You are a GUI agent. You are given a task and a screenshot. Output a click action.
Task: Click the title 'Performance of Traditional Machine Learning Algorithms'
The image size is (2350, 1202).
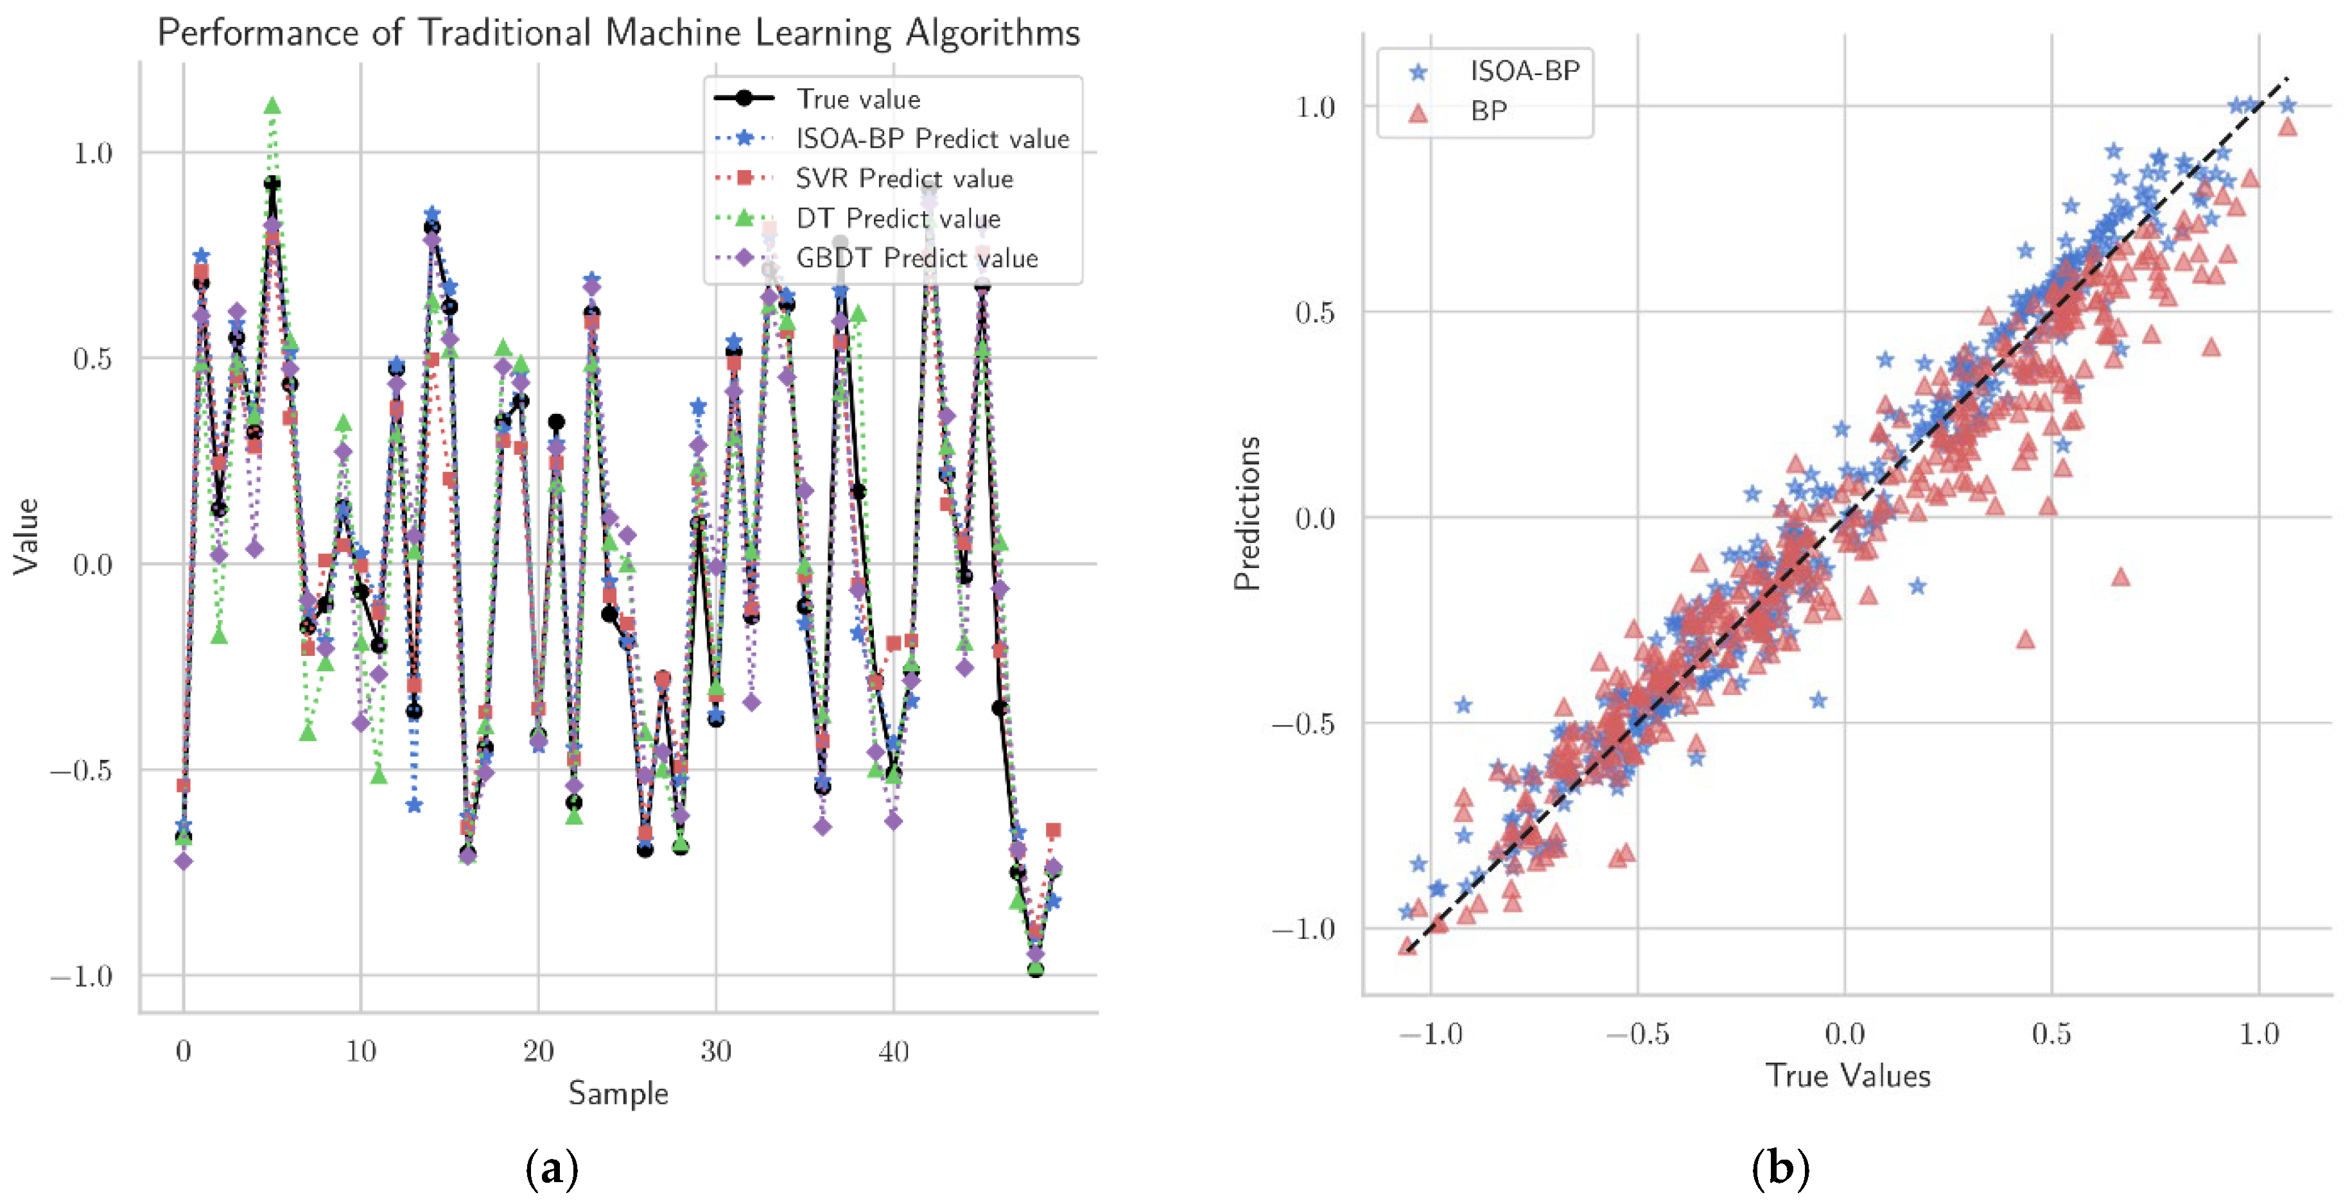(618, 33)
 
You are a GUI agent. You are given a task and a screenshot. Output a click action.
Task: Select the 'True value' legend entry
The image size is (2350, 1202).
(858, 98)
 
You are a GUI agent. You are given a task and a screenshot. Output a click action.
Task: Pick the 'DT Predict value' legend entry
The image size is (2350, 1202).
(898, 218)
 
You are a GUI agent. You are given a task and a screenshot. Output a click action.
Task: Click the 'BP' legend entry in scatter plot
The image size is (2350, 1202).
(1488, 111)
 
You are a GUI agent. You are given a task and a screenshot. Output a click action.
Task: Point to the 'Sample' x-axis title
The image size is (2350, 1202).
(618, 1092)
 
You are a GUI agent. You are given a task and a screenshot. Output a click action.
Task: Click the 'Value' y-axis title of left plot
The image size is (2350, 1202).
(26, 537)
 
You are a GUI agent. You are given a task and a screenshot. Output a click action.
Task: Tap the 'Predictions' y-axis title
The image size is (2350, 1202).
(1246, 513)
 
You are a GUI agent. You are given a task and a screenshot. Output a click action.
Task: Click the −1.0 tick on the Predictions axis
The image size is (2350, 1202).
(1303, 929)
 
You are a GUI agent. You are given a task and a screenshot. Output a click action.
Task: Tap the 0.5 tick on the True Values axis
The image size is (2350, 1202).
(2051, 1033)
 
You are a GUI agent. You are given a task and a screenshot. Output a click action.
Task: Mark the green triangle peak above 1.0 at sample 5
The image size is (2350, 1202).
(272, 106)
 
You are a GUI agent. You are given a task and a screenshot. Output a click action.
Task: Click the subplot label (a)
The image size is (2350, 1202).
(552, 1167)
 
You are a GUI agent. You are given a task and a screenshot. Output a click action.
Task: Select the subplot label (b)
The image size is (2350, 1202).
(1780, 1167)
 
